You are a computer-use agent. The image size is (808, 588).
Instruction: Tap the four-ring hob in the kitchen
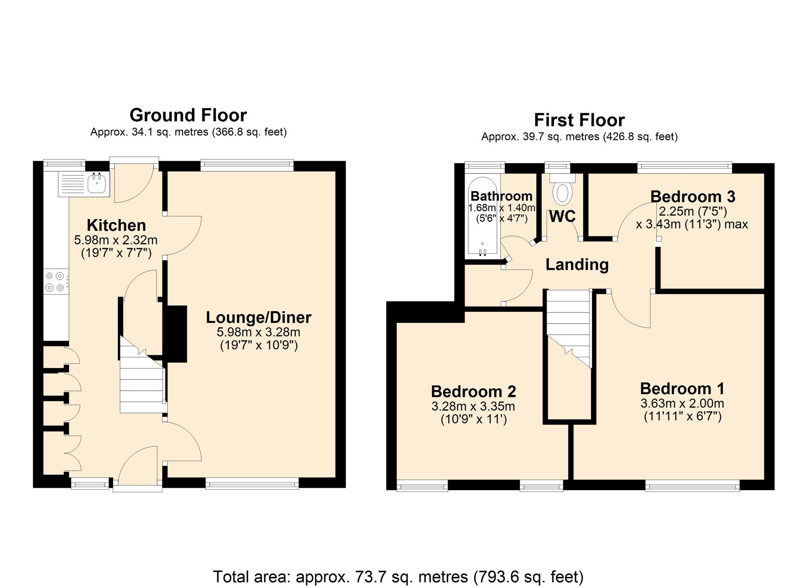coord(55,282)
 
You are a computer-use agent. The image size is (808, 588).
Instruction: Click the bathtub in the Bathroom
coord(482,216)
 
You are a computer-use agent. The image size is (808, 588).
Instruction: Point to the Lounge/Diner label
coord(259,318)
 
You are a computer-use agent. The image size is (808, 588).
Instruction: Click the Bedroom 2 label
coord(473,392)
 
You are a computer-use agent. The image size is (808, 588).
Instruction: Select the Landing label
coord(577,265)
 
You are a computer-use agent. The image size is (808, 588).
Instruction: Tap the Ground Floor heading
coord(188,116)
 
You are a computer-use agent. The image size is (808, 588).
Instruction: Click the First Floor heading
coord(579,120)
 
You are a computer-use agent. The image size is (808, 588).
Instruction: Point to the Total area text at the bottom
coord(398,577)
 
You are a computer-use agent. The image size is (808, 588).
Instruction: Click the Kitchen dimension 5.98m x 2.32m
coord(116,240)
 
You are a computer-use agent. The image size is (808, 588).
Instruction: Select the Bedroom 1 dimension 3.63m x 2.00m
coord(682,403)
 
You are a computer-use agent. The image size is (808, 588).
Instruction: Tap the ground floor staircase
coord(141,380)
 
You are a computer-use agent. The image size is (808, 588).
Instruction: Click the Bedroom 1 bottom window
coord(692,486)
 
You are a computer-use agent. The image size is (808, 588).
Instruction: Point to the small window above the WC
coord(557,166)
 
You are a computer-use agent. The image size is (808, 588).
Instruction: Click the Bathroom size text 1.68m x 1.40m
coord(501,208)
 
